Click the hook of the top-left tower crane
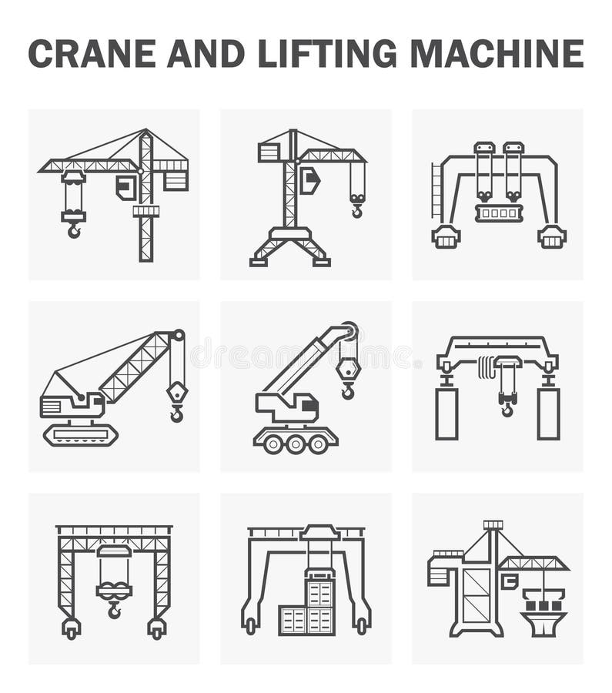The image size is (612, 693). [74, 229]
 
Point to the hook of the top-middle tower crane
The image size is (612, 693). [356, 209]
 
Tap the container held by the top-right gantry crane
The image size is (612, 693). [499, 213]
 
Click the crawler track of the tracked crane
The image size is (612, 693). [80, 434]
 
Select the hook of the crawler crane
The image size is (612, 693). [177, 414]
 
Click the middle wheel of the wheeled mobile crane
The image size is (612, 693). [296, 444]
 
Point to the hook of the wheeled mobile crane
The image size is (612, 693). [348, 391]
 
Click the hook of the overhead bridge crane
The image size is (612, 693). [507, 408]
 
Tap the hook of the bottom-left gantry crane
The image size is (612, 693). [114, 611]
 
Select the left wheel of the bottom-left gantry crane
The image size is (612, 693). [71, 629]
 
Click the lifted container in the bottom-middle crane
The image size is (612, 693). [319, 594]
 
